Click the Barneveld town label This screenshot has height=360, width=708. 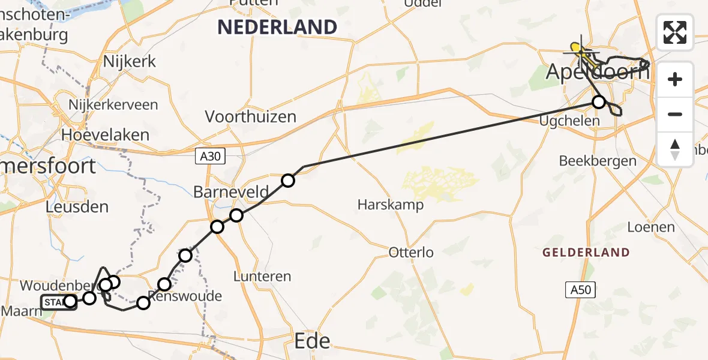pyautogui.click(x=231, y=192)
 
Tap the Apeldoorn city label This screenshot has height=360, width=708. pyautogui.click(x=597, y=73)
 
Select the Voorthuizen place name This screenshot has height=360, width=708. pyautogui.click(x=251, y=116)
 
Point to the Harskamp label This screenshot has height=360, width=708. pyautogui.click(x=391, y=205)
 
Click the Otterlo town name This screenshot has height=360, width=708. pyautogui.click(x=411, y=253)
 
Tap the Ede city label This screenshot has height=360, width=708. pyautogui.click(x=313, y=341)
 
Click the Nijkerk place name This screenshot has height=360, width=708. pyautogui.click(x=130, y=61)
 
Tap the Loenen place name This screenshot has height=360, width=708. pyautogui.click(x=651, y=227)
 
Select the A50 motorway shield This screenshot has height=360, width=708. pyautogui.click(x=581, y=290)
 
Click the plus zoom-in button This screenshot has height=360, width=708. pyautogui.click(x=675, y=79)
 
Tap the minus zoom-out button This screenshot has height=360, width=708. pyautogui.click(x=675, y=114)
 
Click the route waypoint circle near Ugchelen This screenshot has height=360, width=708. pyautogui.click(x=598, y=102)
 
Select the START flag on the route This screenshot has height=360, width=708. pyautogui.click(x=54, y=302)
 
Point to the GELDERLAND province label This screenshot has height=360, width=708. pyautogui.click(x=586, y=253)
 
